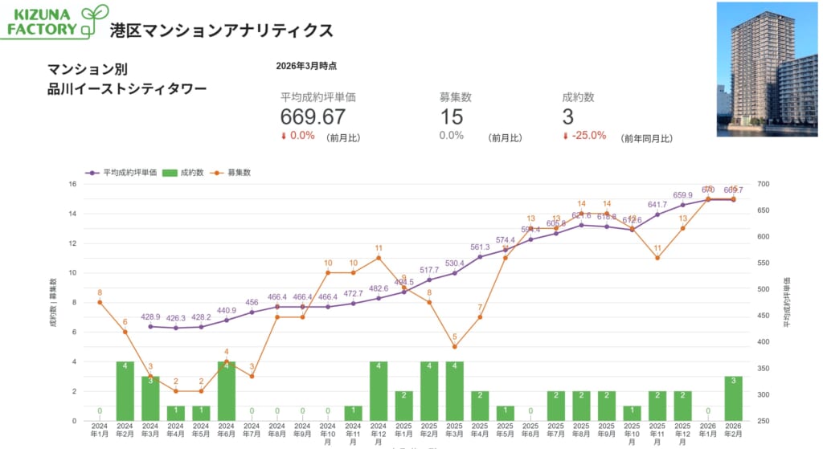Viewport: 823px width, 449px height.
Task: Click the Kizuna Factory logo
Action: point(55,22)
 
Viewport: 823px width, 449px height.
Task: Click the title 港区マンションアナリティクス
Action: point(221,31)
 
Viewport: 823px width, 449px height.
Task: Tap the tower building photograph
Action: point(766,69)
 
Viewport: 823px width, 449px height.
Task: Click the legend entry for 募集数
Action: point(234,172)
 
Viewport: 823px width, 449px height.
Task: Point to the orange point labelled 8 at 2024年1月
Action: point(100,302)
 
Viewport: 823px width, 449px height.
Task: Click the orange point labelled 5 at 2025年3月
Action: point(454,347)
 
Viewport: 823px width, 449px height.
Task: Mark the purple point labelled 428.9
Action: point(150,326)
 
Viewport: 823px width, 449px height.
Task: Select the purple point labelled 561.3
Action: point(480,257)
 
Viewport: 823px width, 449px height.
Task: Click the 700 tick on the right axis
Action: point(763,184)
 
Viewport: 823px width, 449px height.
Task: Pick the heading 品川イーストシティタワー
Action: point(127,88)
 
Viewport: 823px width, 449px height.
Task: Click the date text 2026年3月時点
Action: point(306,66)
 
